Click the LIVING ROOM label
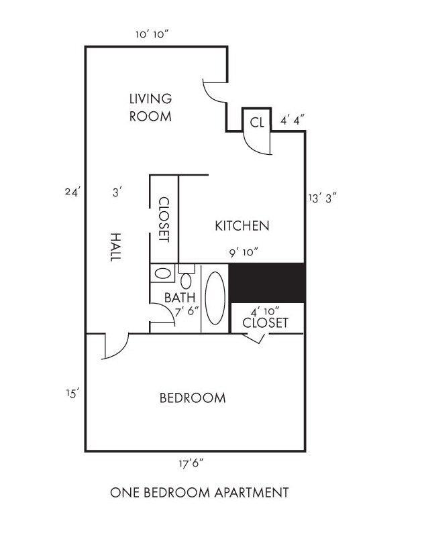[x=150, y=107]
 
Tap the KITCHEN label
[x=242, y=226]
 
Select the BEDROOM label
[x=193, y=398]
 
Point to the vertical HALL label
[x=115, y=246]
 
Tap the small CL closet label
[x=256, y=122]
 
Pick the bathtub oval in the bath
[x=215, y=298]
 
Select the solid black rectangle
[x=268, y=282]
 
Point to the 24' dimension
[x=72, y=192]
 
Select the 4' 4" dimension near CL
[x=293, y=121]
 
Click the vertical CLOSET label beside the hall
[x=163, y=219]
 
